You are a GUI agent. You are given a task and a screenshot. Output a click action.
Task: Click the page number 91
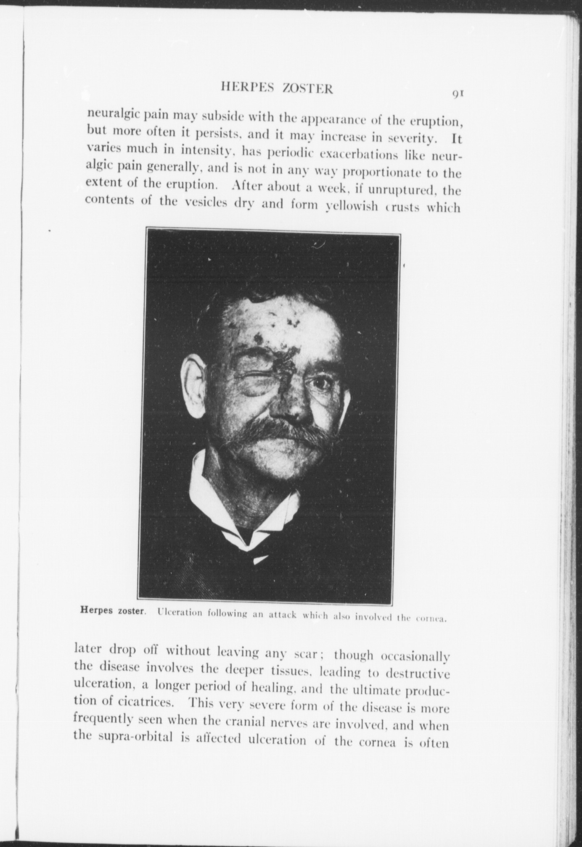pos(458,94)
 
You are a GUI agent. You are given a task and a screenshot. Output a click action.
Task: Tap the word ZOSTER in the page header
pos(307,89)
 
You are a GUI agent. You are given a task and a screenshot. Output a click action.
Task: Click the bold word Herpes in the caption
pos(97,610)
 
